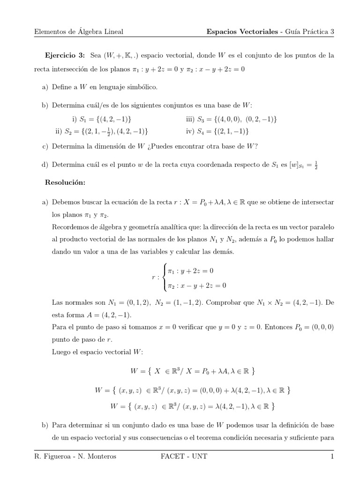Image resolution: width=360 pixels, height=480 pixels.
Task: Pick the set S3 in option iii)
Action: (x=236, y=120)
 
